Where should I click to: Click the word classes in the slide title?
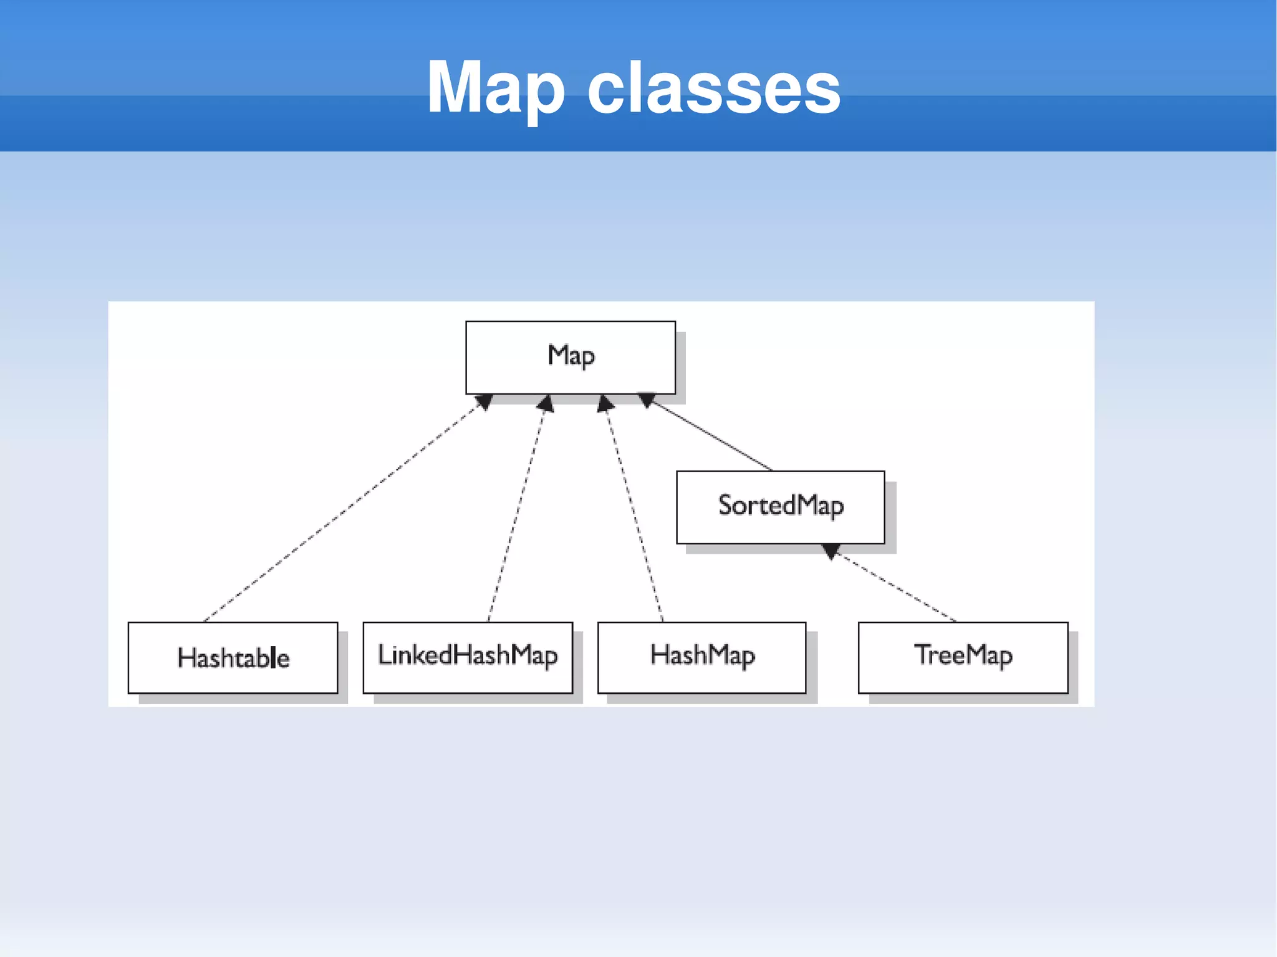pyautogui.click(x=714, y=89)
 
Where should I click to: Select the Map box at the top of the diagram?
pyautogui.click(x=570, y=357)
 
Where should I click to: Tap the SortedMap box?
pyautogui.click(x=780, y=507)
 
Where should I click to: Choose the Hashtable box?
pyautogui.click(x=233, y=657)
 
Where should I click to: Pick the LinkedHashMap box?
pyautogui.click(x=468, y=657)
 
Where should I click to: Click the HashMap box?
pyautogui.click(x=701, y=657)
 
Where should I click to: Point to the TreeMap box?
pyautogui.click(x=963, y=657)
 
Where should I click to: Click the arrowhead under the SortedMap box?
pyautogui.click(x=831, y=551)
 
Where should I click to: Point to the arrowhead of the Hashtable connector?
pyautogui.click(x=484, y=402)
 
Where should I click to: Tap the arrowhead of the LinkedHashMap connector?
pyautogui.click(x=546, y=404)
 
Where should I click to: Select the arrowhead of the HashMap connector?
pyautogui.click(x=604, y=404)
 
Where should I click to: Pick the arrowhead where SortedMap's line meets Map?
pyautogui.click(x=647, y=400)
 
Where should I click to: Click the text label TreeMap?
pyautogui.click(x=963, y=655)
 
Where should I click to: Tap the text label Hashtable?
pyautogui.click(x=233, y=658)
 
